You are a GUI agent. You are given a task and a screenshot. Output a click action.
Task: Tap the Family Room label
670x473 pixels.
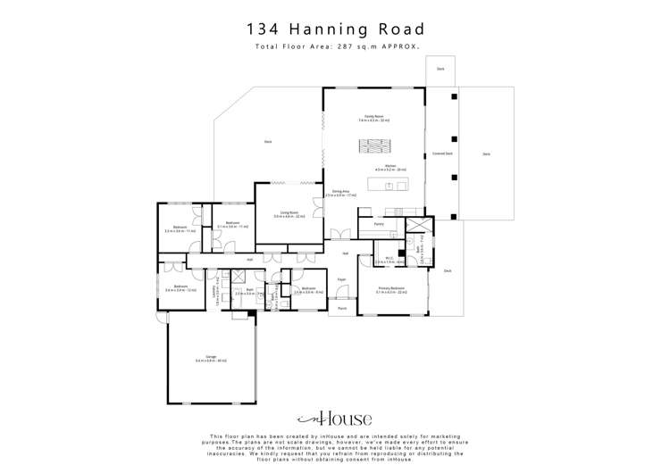[x=373, y=117]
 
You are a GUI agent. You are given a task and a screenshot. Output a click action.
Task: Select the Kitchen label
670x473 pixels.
[x=389, y=166]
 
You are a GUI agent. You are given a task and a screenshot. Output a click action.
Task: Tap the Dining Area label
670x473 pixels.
[x=340, y=192]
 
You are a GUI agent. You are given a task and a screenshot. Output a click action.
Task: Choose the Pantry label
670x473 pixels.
[x=379, y=224]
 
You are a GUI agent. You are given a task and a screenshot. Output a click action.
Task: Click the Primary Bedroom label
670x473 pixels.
[x=391, y=288]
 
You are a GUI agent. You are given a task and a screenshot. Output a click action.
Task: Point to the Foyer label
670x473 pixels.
[x=341, y=279]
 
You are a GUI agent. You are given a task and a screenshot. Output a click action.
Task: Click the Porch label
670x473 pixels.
[x=341, y=308]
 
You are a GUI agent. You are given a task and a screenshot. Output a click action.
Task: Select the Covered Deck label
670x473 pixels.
[x=441, y=154]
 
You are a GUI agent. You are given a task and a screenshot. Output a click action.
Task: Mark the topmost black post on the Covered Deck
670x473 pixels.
[x=454, y=95]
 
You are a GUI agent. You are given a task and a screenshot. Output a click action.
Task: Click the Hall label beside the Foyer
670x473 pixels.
[x=345, y=253]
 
